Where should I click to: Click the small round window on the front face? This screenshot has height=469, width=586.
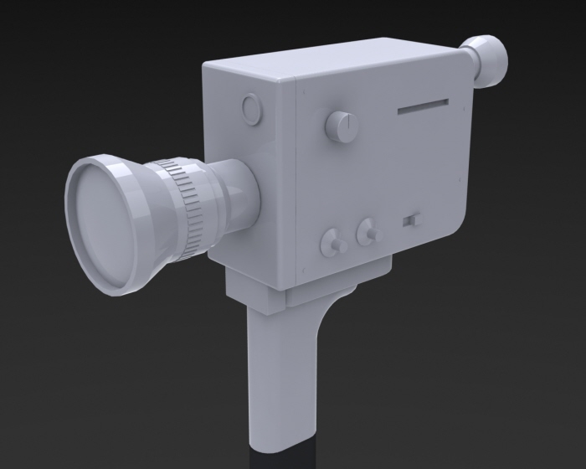[x=250, y=108]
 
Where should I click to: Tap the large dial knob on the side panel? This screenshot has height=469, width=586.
[x=340, y=126]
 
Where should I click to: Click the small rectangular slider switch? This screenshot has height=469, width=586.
[x=409, y=221]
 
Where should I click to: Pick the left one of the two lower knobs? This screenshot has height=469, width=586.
[x=334, y=244]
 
